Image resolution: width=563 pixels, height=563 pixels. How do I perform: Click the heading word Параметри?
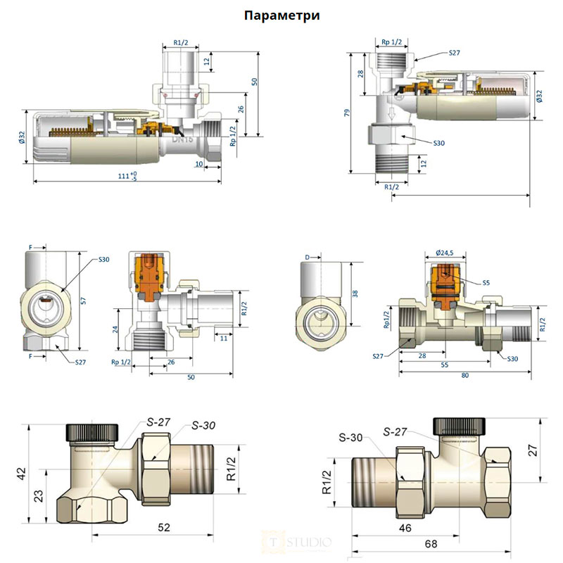(281, 15)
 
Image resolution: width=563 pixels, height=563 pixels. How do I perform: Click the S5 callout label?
(486, 283)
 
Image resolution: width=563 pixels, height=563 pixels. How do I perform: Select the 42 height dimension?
(23, 472)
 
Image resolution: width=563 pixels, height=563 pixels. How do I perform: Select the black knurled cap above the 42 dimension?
(95, 431)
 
